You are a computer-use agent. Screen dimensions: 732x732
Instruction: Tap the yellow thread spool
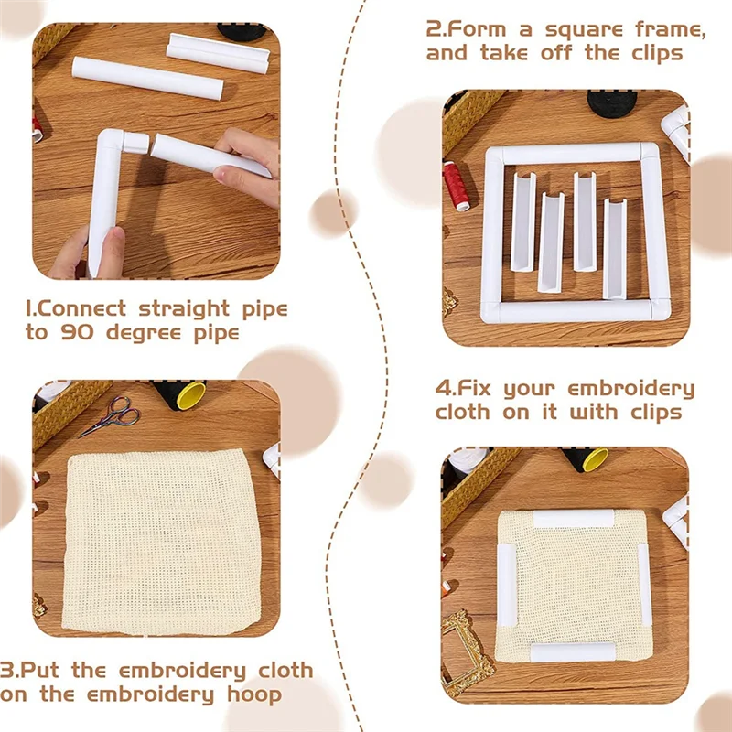click(x=191, y=395)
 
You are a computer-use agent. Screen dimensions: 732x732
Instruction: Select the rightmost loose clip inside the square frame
click(x=614, y=248)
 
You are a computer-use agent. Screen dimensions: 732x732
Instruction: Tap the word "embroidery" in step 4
click(x=631, y=388)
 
